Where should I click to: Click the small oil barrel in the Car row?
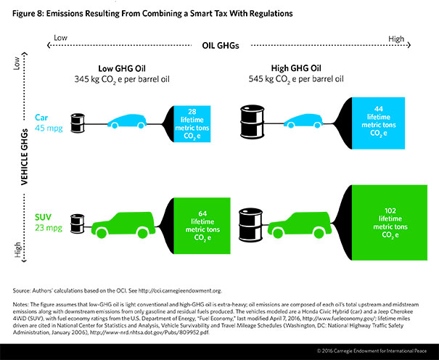[77, 121]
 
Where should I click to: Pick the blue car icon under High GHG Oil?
[308, 122]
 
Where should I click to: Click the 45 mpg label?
[46, 126]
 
